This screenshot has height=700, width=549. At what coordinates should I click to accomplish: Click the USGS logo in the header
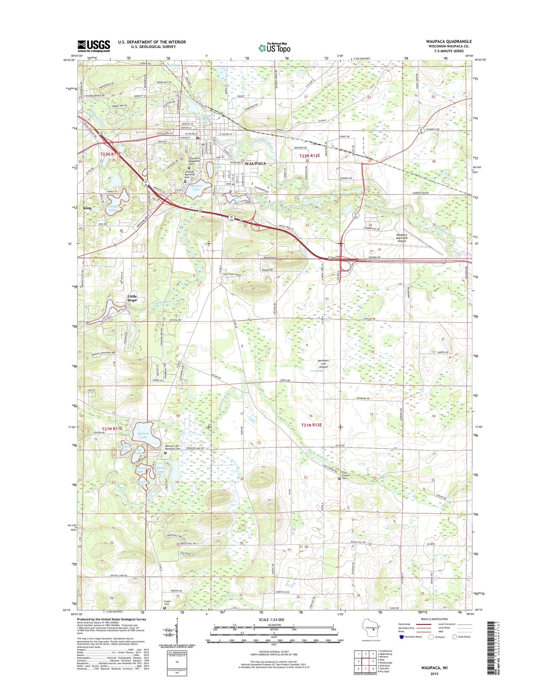click(93, 46)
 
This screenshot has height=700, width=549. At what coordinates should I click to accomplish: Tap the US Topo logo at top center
click(274, 48)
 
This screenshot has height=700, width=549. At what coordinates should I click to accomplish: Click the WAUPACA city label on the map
click(255, 163)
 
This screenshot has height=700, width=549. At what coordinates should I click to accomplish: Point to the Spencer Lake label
click(144, 435)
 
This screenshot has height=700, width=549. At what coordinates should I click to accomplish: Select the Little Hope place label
click(132, 298)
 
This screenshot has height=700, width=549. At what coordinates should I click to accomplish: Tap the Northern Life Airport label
click(323, 364)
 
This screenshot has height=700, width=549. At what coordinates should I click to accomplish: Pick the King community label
click(87, 208)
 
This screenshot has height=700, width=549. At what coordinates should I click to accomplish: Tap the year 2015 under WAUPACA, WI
click(434, 674)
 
